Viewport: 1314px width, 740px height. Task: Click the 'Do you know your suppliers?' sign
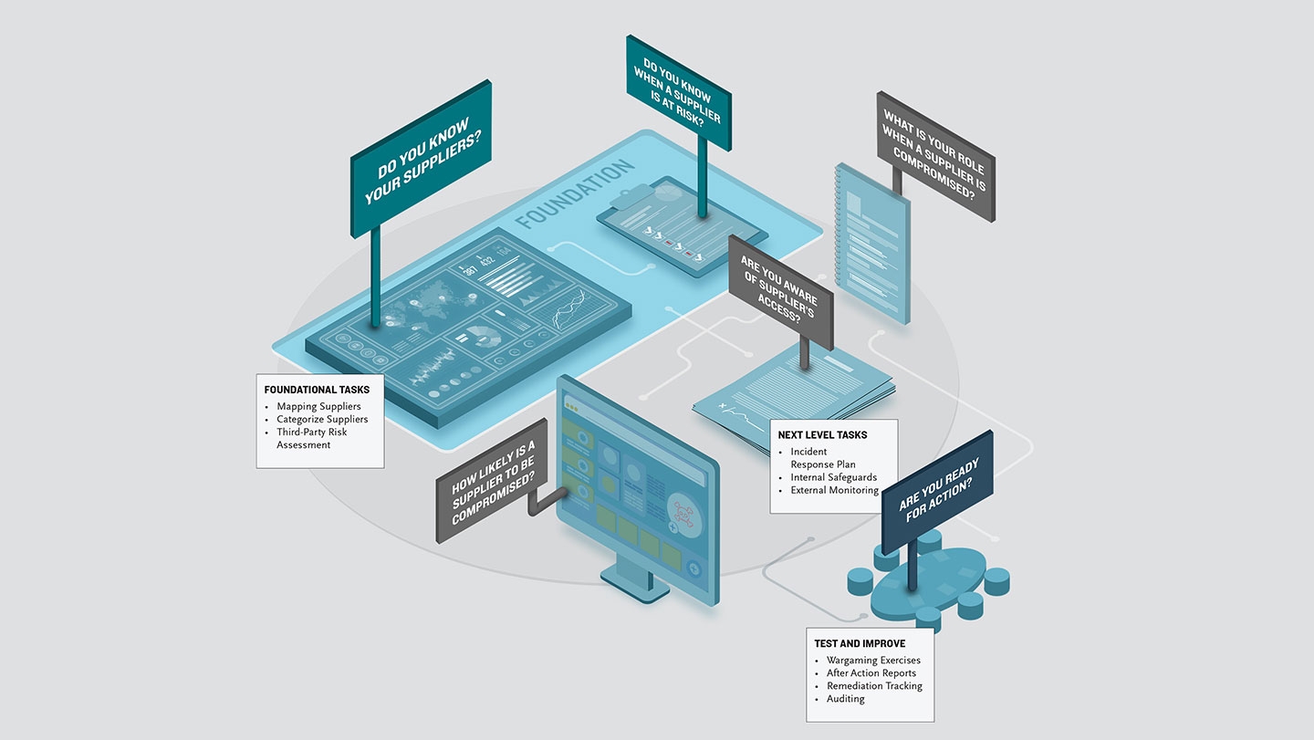(x=421, y=161)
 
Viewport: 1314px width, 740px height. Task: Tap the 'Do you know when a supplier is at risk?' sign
(x=678, y=91)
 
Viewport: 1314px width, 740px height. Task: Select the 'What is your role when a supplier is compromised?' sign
(x=934, y=156)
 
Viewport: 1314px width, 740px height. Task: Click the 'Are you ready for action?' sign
(x=937, y=492)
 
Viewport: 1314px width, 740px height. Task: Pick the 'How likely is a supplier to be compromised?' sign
(x=493, y=480)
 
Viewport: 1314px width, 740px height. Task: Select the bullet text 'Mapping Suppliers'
(x=318, y=406)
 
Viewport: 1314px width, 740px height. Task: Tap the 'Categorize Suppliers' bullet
(x=322, y=419)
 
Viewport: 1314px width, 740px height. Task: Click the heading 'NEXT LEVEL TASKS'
(x=822, y=435)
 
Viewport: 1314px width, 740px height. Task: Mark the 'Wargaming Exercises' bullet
(x=873, y=660)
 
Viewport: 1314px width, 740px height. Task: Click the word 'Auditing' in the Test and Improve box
(x=845, y=698)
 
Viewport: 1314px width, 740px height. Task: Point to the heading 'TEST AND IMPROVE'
(x=860, y=643)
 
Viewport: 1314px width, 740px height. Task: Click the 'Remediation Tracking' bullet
(x=874, y=685)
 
